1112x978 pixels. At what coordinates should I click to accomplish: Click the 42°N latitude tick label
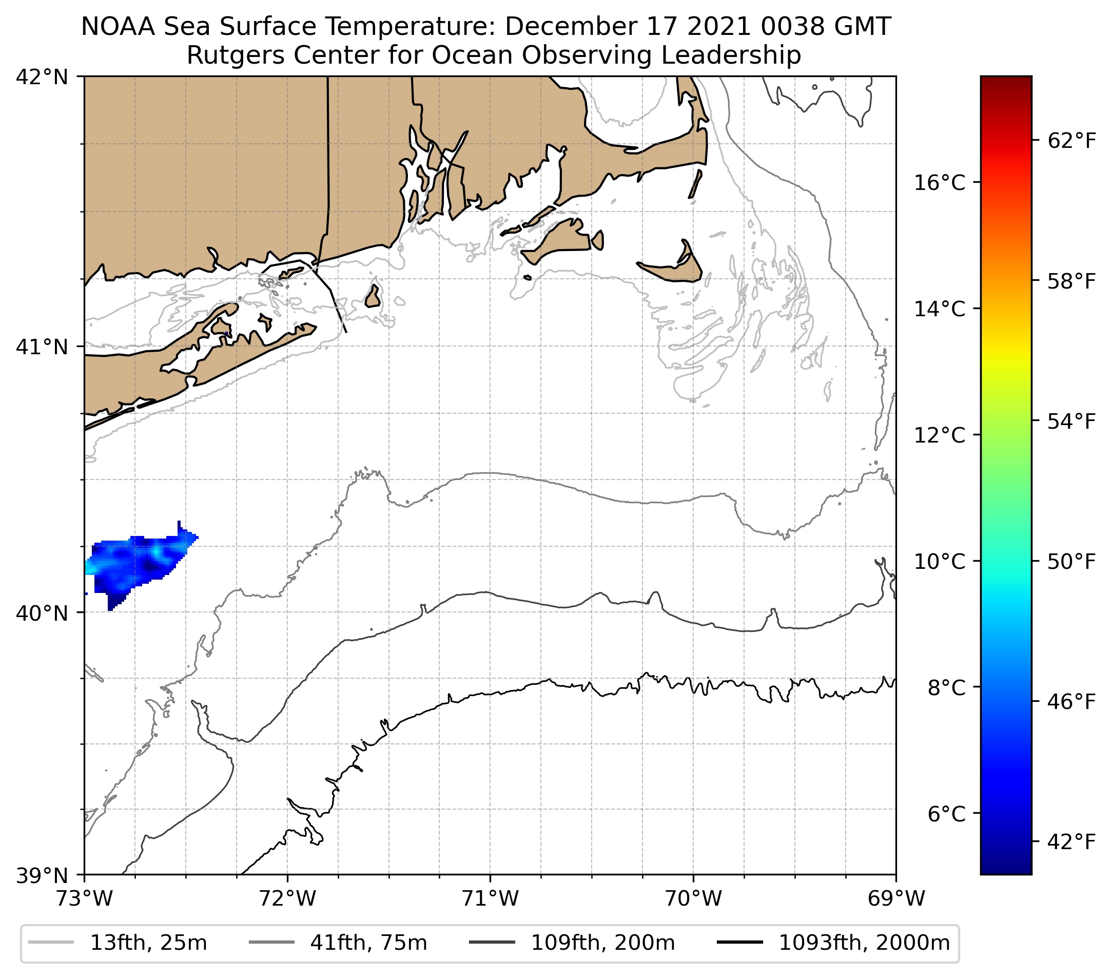click(43, 78)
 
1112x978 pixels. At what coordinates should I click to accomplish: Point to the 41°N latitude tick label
click(43, 347)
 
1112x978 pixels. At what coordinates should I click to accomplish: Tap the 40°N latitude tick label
click(43, 613)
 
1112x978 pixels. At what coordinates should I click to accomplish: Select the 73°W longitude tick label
click(84, 899)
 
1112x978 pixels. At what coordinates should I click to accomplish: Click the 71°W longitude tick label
click(490, 899)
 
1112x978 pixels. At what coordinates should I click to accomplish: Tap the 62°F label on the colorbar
click(1071, 142)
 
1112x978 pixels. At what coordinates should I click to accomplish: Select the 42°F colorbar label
click(1071, 842)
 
